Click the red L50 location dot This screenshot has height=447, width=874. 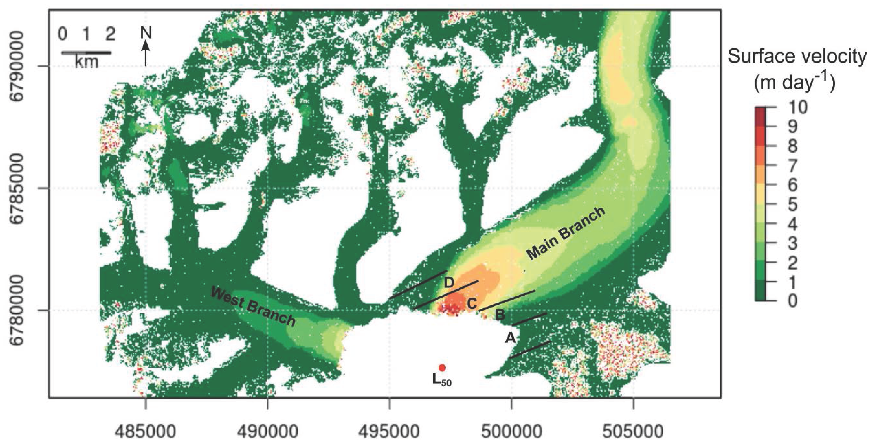tap(442, 368)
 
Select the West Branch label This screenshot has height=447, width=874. tap(253, 306)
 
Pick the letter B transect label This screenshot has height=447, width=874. tap(500, 315)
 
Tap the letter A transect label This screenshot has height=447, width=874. tap(511, 338)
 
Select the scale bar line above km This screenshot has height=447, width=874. tap(86, 53)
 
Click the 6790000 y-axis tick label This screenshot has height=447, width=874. tap(17, 66)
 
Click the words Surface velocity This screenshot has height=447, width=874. tap(797, 56)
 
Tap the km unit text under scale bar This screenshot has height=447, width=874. tap(86, 62)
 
